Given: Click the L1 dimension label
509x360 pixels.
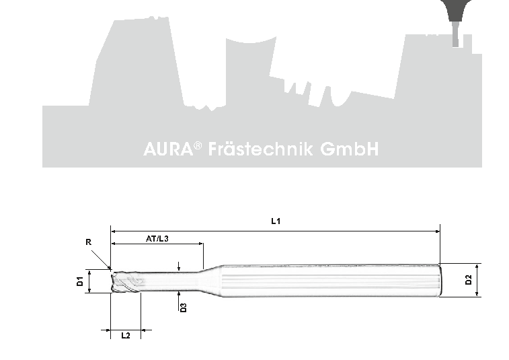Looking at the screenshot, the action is coord(276,221).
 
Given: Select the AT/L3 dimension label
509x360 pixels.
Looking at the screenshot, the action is coord(157,239).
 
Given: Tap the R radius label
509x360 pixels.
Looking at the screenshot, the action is coord(88,242).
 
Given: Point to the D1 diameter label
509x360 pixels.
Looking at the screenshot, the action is coord(80,281).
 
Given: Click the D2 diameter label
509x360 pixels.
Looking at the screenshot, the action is coord(469,280).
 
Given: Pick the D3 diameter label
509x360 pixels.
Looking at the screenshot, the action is coord(184,308).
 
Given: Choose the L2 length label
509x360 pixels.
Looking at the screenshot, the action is coord(126,335).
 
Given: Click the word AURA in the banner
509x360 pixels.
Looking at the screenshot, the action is coord(168,149).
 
